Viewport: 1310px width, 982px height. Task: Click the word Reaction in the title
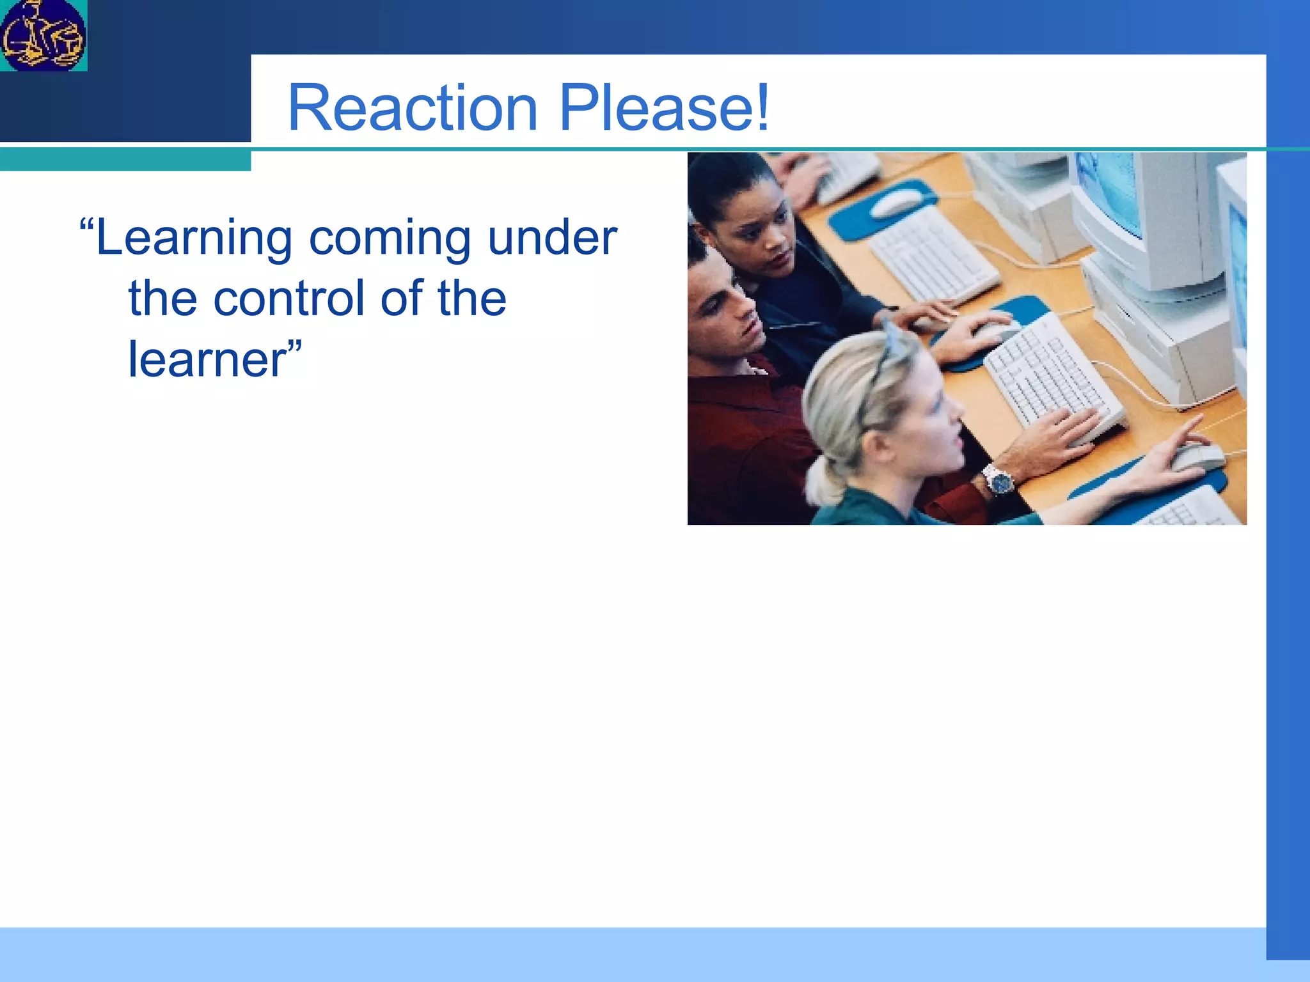tap(412, 108)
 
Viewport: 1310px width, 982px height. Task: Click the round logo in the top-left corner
tap(43, 35)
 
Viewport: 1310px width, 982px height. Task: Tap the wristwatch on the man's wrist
tap(998, 479)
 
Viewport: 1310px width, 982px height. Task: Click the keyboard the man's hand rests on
tap(1049, 377)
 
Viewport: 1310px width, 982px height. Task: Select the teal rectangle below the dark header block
tap(125, 160)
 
